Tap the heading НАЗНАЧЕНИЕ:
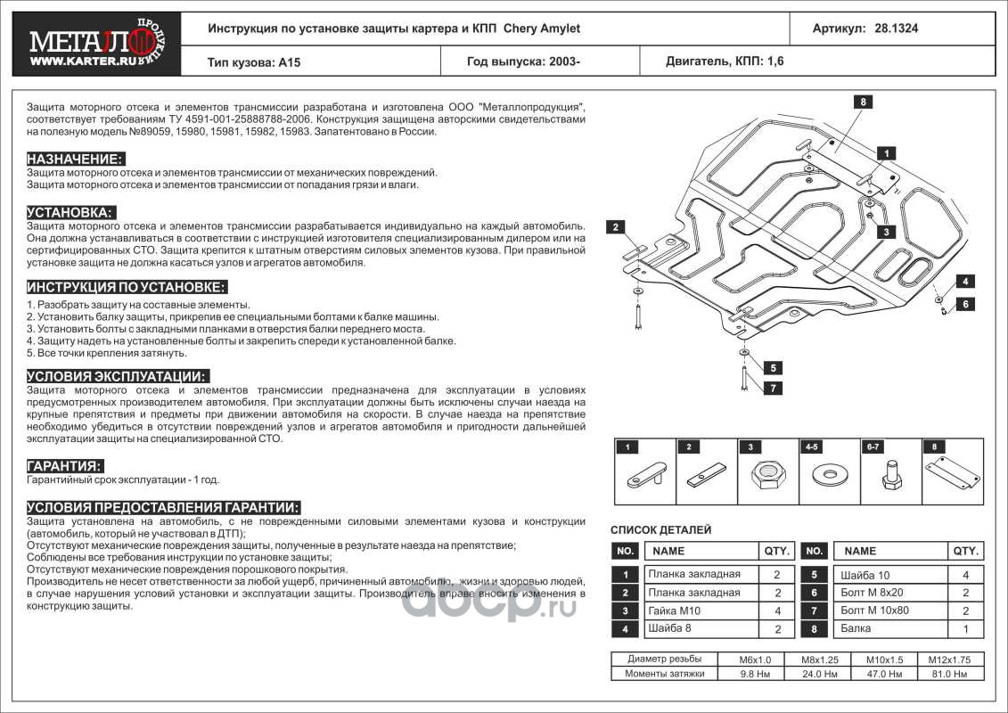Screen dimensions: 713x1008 (76, 159)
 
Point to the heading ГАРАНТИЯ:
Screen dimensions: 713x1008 (64, 466)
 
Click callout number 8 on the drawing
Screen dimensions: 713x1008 (863, 102)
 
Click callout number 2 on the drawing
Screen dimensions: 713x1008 (615, 227)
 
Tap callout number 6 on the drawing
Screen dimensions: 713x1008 (964, 304)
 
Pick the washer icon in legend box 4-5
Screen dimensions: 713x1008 (827, 472)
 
